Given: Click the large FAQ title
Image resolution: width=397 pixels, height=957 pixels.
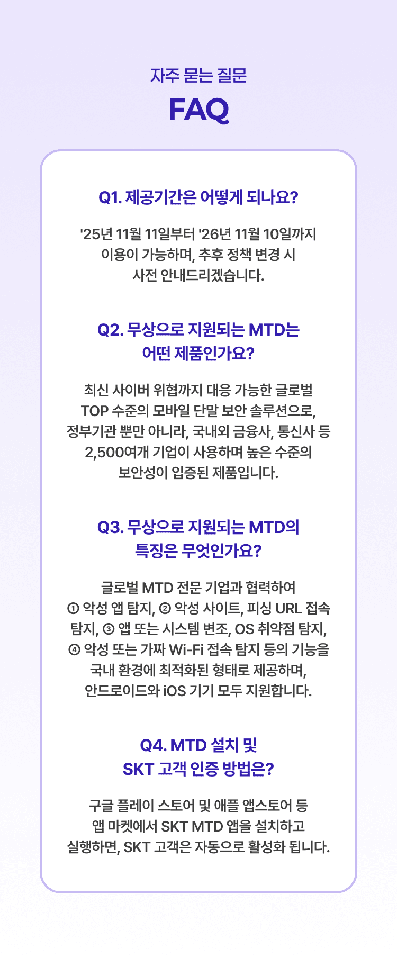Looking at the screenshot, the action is [x=198, y=110].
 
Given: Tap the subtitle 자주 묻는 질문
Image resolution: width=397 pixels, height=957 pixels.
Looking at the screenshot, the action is [x=198, y=76].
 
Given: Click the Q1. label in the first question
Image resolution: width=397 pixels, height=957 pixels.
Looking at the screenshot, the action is [x=110, y=197].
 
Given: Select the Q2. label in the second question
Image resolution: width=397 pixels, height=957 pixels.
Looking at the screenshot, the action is [x=111, y=330].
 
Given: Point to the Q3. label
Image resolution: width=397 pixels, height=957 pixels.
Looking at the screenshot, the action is [x=111, y=527].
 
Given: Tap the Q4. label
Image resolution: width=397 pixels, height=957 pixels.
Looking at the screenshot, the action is [x=153, y=745].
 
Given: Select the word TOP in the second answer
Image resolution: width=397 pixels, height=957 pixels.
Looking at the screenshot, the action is [x=95, y=411].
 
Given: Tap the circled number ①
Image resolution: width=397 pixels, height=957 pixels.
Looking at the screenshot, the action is [x=74, y=609].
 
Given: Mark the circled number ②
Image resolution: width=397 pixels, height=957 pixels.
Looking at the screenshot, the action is [x=165, y=609].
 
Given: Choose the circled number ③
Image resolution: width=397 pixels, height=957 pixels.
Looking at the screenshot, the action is [x=109, y=629].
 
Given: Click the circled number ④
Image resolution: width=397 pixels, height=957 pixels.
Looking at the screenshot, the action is [x=74, y=649].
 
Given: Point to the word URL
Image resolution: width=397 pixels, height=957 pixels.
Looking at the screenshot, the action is [x=288, y=609].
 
